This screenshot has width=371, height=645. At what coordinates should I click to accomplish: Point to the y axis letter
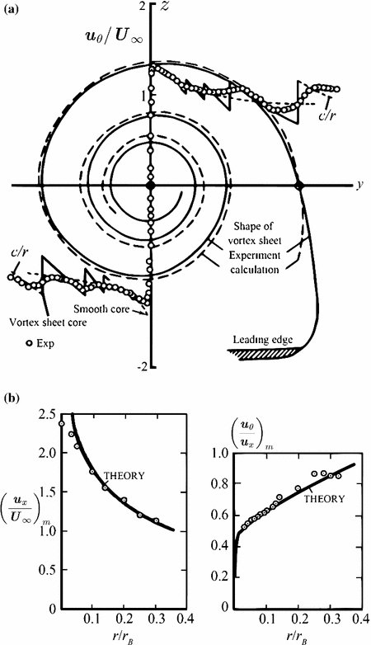point(359,186)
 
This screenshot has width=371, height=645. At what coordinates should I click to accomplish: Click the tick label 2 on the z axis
point(142,7)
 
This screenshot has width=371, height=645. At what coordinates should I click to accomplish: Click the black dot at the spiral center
point(150,187)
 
